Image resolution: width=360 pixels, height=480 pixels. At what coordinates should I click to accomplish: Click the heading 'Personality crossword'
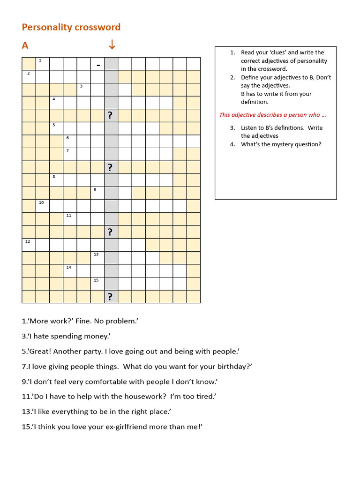click(71, 27)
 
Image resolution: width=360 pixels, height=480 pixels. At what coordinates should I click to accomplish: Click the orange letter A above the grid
click(25, 45)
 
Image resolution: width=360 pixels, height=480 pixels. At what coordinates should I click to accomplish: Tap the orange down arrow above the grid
click(112, 45)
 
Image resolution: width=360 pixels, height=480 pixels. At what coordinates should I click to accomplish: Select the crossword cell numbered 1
click(43, 63)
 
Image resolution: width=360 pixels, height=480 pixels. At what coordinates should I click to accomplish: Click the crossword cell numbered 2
click(29, 76)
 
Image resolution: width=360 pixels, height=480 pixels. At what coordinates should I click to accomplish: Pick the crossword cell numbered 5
click(56, 128)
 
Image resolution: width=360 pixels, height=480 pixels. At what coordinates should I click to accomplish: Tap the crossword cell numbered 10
click(43, 206)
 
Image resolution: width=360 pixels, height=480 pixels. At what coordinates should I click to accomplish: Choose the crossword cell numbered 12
click(29, 245)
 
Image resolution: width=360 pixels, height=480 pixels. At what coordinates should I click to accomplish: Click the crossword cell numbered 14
click(70, 270)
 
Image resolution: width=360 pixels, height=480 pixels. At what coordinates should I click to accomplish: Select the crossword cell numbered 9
click(97, 193)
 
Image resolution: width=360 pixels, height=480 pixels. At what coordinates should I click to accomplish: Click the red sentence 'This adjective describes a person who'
click(272, 115)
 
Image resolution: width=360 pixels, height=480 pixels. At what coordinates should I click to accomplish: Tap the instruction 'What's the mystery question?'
click(281, 144)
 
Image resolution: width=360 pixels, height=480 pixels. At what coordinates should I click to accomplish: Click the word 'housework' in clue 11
click(139, 396)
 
